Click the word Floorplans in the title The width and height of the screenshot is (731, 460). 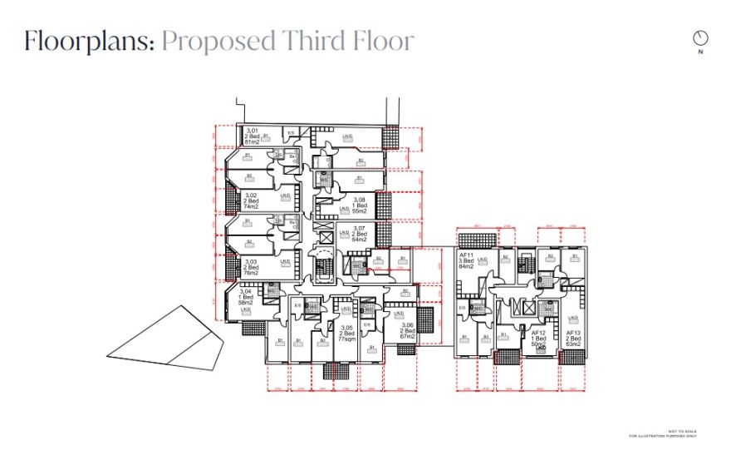88,41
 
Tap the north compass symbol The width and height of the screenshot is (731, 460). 701,38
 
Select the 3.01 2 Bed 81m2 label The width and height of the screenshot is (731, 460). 252,136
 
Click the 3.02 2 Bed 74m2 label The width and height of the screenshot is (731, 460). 250,200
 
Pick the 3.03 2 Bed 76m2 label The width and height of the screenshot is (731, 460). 251,267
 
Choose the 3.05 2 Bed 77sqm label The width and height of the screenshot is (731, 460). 346,334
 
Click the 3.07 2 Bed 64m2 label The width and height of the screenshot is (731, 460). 359,234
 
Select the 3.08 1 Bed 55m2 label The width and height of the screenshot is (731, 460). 359,205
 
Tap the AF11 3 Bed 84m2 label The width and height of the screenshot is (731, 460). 466,261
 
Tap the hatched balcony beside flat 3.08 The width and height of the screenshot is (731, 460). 384,204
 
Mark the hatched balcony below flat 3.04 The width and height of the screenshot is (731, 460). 254,327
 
